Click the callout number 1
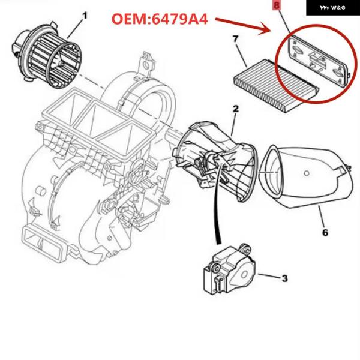pyautogui.click(x=85, y=16)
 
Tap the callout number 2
pyautogui.click(x=236, y=109)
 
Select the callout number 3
pyautogui.click(x=284, y=278)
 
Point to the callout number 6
pyautogui.click(x=325, y=233)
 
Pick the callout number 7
pyautogui.click(x=236, y=39)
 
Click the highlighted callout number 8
pyautogui.click(x=277, y=5)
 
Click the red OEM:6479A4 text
pyautogui.click(x=160, y=19)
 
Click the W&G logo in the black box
pyautogui.click(x=332, y=8)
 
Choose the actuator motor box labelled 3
pyautogui.click(x=229, y=269)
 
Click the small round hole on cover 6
pyautogui.click(x=306, y=173)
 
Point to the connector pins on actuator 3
pyautogui.click(x=218, y=284)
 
